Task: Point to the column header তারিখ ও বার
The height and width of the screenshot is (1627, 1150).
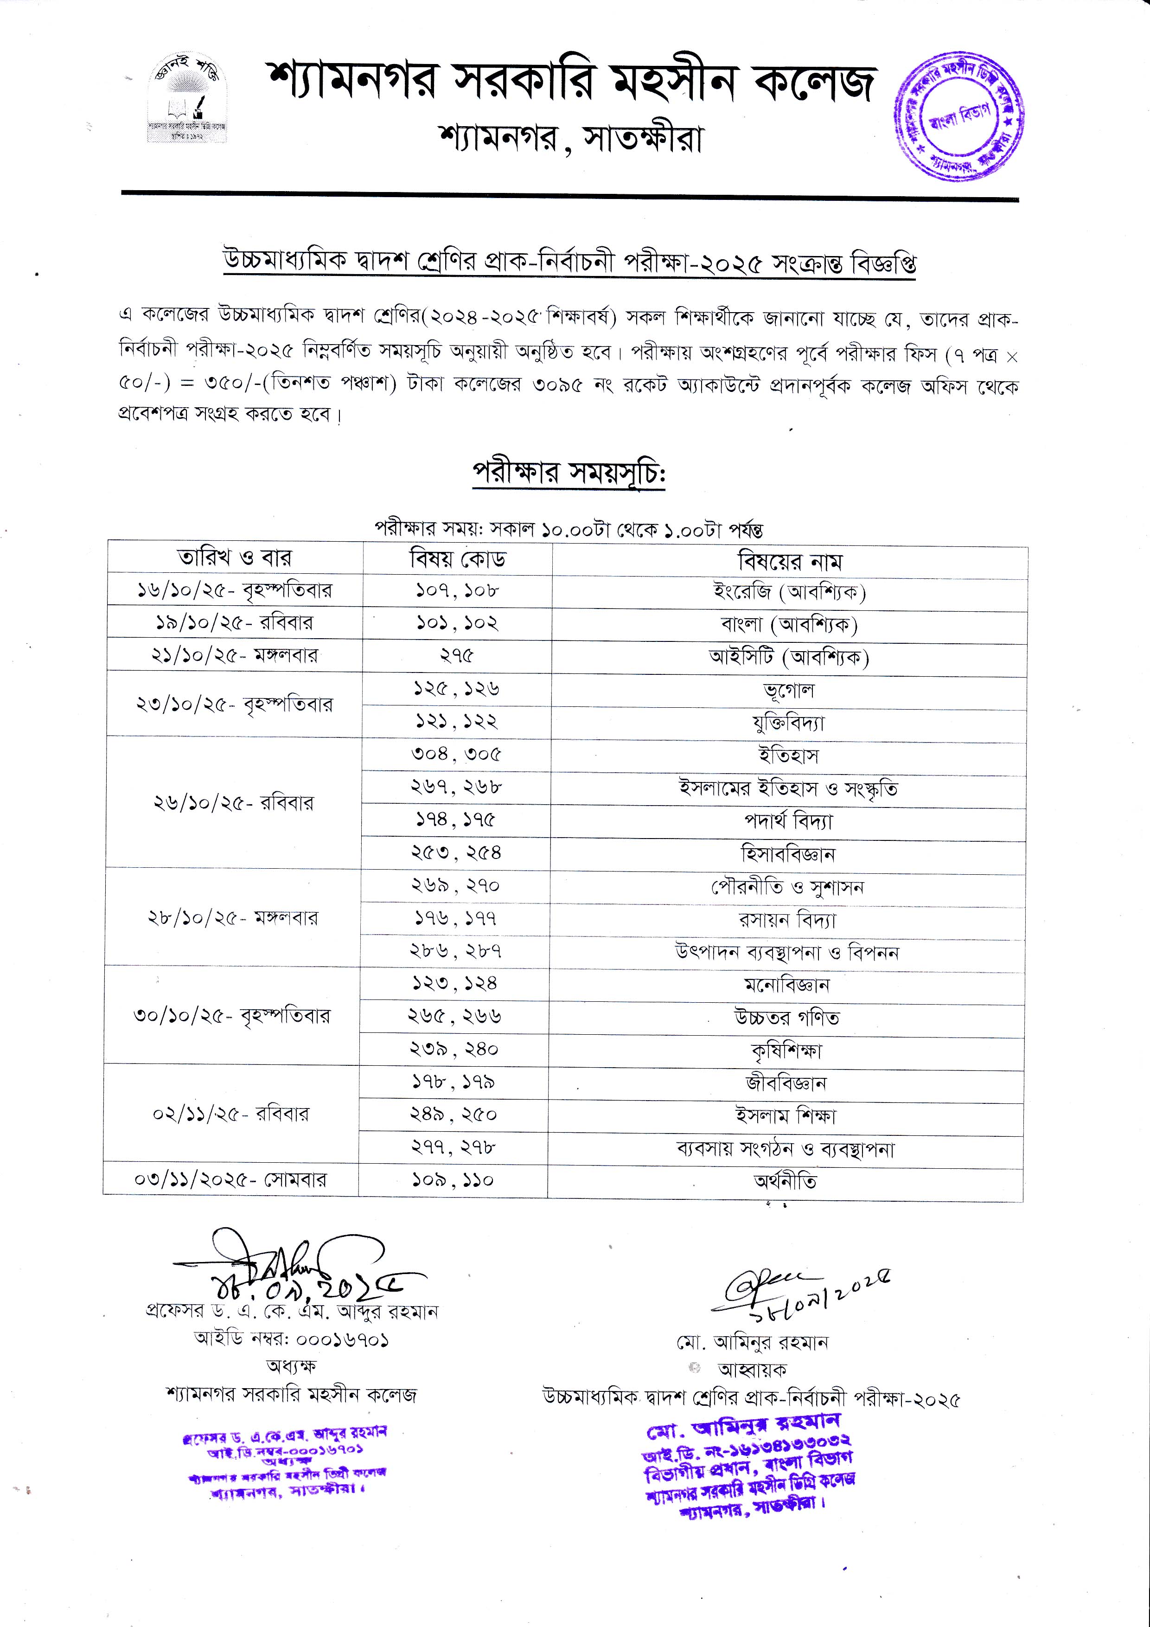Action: point(235,557)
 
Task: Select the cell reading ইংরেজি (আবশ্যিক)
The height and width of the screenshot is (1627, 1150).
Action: point(789,592)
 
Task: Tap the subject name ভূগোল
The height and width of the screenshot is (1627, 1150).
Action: point(789,690)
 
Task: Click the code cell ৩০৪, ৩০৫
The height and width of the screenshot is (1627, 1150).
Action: point(456,754)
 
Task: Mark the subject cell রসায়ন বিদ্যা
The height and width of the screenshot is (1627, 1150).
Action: point(787,920)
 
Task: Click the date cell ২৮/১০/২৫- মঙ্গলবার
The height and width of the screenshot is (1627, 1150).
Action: point(233,918)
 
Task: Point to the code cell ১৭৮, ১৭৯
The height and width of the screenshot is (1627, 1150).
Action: point(454,1082)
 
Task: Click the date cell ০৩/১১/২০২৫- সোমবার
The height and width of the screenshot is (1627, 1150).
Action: point(231,1180)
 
